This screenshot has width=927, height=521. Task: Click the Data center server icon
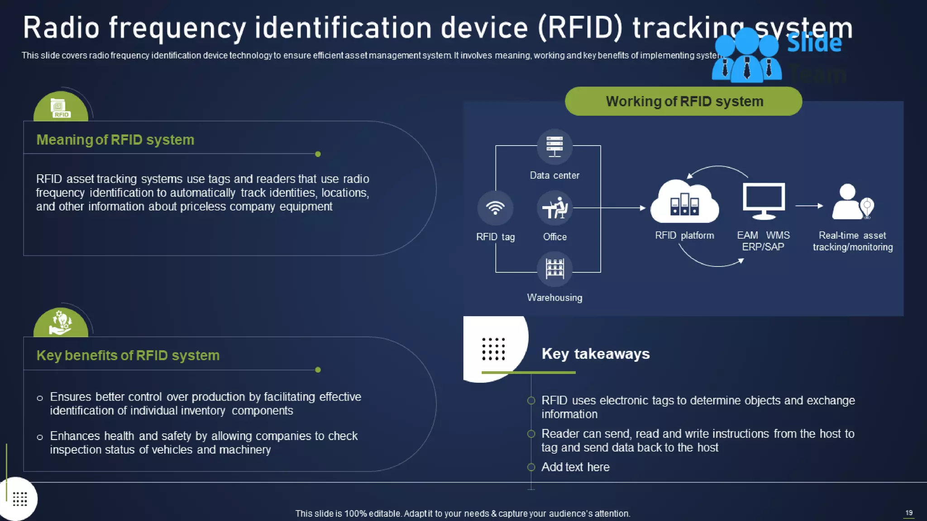pos(554,147)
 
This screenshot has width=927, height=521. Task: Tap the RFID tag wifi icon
pos(495,208)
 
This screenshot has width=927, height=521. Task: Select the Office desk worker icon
pos(554,208)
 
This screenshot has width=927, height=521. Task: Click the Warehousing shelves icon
pos(554,269)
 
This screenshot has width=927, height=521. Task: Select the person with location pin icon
pos(853,202)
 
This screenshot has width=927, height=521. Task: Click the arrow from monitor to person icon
pos(809,206)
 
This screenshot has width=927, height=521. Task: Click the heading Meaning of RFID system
pos(115,140)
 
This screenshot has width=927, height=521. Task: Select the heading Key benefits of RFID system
pos(128,355)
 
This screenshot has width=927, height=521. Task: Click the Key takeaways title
pos(596,354)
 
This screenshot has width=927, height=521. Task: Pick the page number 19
pos(909,513)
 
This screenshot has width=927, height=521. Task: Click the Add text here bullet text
pos(575,467)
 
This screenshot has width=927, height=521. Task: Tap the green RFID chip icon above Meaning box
pos(61,108)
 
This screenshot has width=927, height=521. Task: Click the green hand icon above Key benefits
pos(61,322)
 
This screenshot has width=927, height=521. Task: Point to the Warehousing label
pos(554,298)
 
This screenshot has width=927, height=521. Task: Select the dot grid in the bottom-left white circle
pos(20,499)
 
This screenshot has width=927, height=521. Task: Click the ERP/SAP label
pos(763,247)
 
